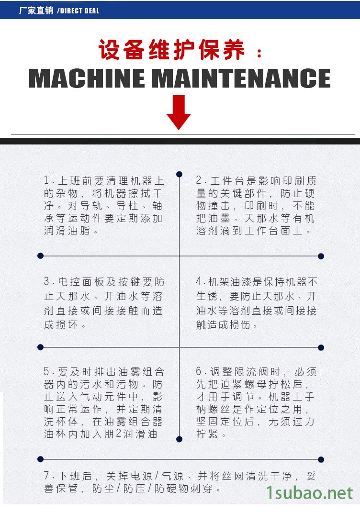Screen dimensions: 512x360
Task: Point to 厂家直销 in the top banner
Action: pyautogui.click(x=36, y=11)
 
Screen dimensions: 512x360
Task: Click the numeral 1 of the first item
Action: pyautogui.click(x=46, y=181)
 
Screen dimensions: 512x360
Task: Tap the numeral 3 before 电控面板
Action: pyautogui.click(x=46, y=282)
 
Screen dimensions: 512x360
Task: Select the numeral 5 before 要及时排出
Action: pyautogui.click(x=46, y=372)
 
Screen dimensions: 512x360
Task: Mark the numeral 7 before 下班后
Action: pyautogui.click(x=47, y=476)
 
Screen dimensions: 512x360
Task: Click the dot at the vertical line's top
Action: pyautogui.click(x=179, y=174)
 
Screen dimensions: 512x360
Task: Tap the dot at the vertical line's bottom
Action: pyautogui.click(x=179, y=439)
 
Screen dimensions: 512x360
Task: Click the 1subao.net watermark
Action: pyautogui.click(x=309, y=493)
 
